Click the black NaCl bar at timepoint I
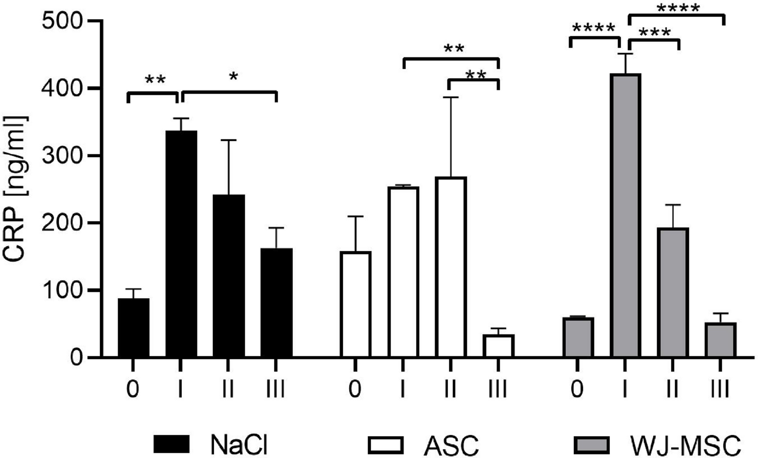181,244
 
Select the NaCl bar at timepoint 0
133,328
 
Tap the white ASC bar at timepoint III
498,346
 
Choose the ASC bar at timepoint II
451,267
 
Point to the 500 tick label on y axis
62,21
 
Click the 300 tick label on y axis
62,156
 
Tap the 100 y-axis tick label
62,290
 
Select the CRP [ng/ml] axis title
16,189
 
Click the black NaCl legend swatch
171,444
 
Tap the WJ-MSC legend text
684,444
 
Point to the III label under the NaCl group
275,390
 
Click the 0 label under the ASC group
355,390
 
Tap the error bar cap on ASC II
451,97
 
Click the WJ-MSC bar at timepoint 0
577,337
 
